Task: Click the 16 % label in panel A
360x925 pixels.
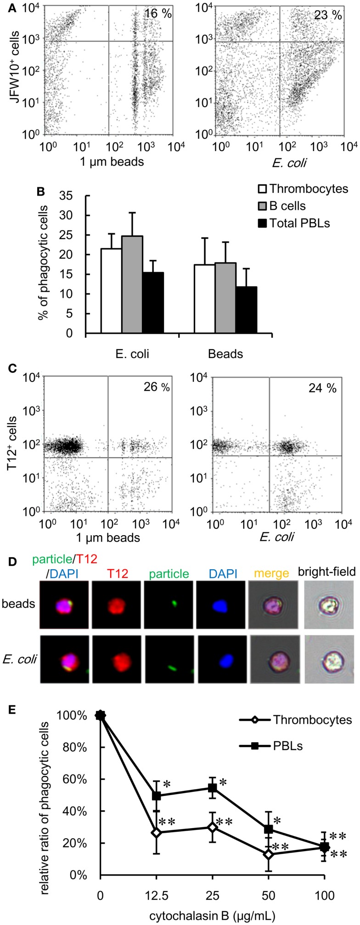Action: click(157, 14)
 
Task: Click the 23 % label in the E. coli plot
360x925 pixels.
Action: click(328, 15)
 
